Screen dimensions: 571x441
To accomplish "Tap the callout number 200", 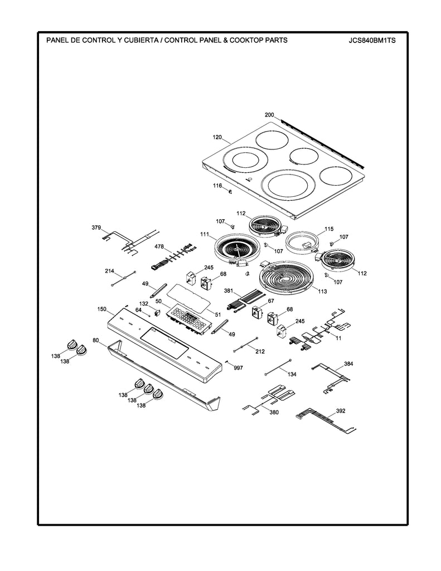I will click(269, 115).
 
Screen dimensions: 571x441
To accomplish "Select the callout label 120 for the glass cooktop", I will click(217, 137).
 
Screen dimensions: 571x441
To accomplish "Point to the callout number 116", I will click(217, 185).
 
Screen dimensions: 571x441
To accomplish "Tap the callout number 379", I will click(96, 228).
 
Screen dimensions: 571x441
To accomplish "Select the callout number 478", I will click(159, 246).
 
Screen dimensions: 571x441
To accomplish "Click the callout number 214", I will click(110, 271).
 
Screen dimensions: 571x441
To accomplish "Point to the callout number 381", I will click(229, 291).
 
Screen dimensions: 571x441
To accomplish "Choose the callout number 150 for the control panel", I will click(101, 309).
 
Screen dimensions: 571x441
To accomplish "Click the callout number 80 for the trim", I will click(95, 340).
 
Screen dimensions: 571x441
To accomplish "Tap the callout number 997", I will click(239, 368).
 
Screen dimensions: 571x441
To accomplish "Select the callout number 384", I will click(348, 364).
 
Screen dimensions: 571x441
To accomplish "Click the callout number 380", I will click(274, 413).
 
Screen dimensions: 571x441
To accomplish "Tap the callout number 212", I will click(260, 352).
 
